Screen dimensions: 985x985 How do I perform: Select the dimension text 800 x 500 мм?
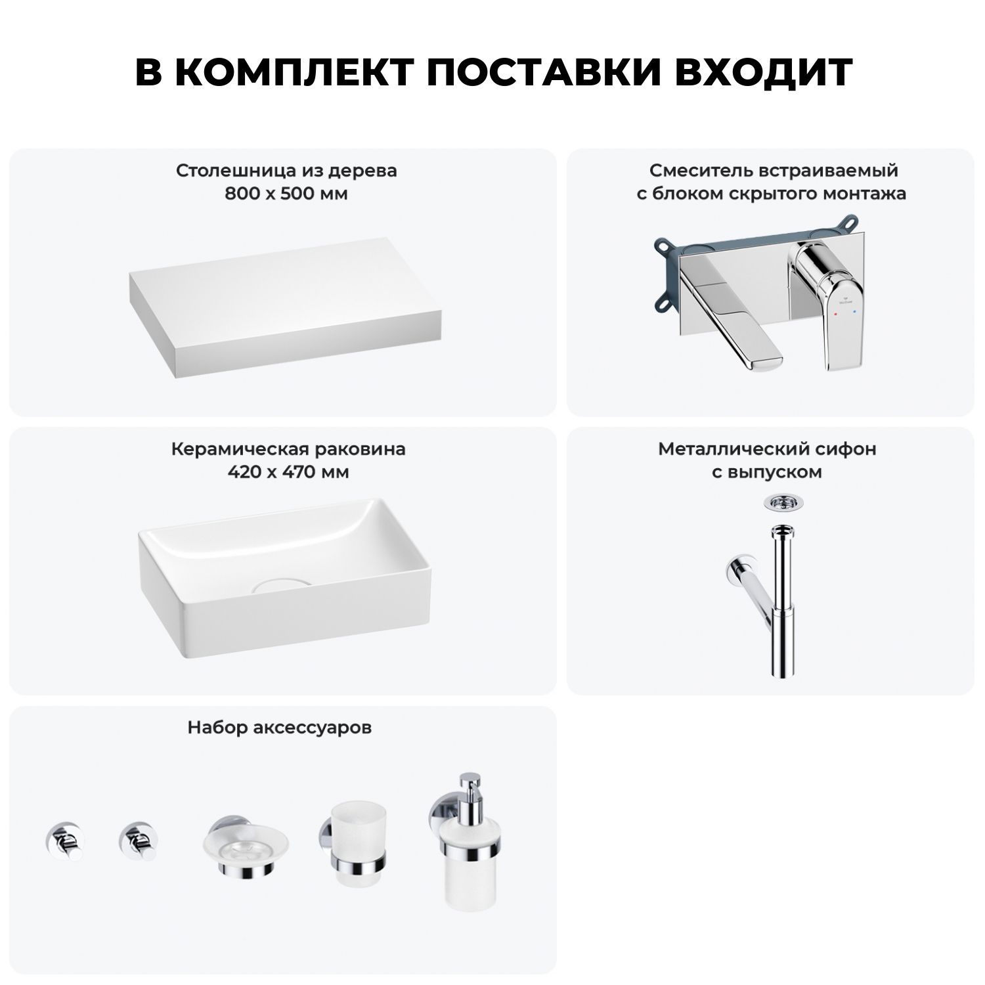point(286,194)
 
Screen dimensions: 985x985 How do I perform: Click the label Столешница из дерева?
point(286,171)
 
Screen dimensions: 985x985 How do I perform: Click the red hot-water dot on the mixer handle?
point(834,315)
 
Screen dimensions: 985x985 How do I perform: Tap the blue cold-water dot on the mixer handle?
point(853,315)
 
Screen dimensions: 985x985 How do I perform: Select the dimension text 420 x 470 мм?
point(288,472)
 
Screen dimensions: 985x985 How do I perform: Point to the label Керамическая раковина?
point(288,449)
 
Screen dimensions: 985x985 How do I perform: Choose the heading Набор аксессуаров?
point(280,728)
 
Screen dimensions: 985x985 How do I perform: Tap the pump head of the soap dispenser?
point(469,788)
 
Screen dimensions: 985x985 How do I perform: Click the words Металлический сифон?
point(767,449)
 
